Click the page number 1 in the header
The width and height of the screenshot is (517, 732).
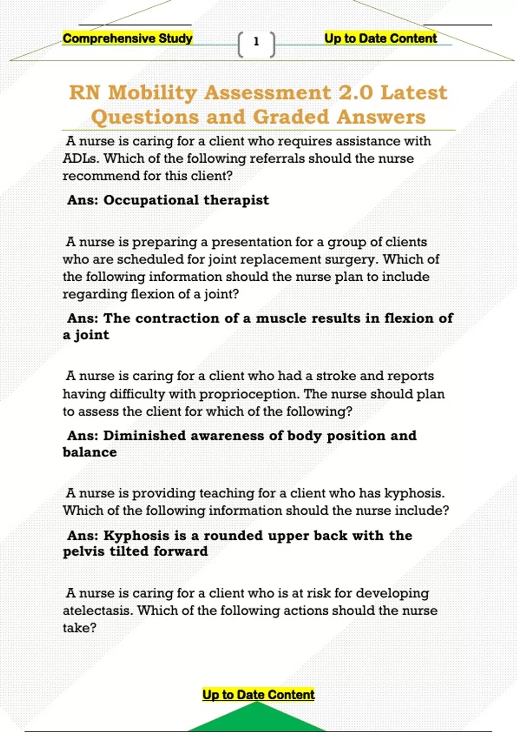tap(256, 42)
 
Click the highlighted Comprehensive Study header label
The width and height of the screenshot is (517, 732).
tap(128, 38)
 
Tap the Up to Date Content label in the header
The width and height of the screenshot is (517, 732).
tap(380, 38)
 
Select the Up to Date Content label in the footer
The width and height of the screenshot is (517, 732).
tap(258, 695)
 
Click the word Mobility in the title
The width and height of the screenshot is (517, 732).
tap(153, 93)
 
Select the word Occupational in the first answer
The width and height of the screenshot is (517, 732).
tap(151, 200)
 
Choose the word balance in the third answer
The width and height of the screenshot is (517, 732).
tap(90, 453)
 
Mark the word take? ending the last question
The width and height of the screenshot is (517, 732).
tap(79, 628)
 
